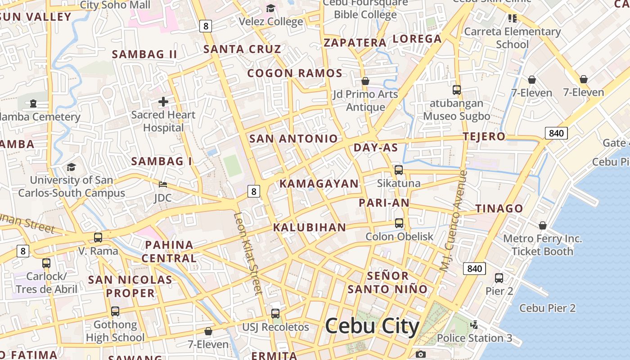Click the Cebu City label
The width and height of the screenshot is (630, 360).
tap(372, 326)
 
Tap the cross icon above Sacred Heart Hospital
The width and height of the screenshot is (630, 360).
tap(163, 102)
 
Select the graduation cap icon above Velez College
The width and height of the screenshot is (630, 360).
tap(270, 8)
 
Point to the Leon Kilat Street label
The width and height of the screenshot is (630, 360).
tap(248, 253)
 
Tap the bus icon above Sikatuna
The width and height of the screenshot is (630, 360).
tap(399, 170)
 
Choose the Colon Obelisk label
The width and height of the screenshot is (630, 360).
tap(399, 237)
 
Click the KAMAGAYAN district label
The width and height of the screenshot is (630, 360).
tap(319, 184)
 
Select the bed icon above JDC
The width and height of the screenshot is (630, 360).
tap(163, 184)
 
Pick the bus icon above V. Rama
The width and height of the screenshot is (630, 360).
tap(98, 237)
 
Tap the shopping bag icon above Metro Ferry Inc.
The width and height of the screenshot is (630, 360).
tap(543, 225)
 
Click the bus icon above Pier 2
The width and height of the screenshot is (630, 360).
tap(499, 278)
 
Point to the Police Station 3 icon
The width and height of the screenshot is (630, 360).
tap(474, 324)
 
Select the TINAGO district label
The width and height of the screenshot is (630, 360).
tap(499, 208)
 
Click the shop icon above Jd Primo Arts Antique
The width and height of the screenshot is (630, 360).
tap(365, 81)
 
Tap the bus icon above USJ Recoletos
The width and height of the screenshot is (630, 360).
tap(275, 314)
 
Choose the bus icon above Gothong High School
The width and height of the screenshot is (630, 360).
tap(115, 311)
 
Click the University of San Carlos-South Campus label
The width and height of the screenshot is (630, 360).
tap(72, 187)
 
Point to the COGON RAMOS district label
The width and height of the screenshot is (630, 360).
tap(295, 73)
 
